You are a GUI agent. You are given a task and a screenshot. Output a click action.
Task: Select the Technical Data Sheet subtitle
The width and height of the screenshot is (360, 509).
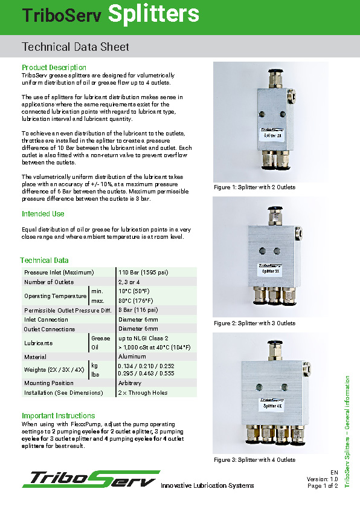tap(76, 47)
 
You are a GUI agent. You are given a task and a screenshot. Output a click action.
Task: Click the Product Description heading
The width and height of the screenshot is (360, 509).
tap(54, 67)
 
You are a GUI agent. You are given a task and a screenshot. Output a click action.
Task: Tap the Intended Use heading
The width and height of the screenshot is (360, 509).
tap(43, 214)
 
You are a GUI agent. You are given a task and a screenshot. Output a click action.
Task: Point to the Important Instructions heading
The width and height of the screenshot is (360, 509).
tap(59, 416)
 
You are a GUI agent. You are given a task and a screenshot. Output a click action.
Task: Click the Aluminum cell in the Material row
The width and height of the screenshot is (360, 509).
tap(132, 357)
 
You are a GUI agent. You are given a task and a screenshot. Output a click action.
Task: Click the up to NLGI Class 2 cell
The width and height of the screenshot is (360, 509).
tap(143, 339)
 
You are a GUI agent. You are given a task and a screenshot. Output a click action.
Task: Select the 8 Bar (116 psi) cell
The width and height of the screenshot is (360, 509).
tap(138, 310)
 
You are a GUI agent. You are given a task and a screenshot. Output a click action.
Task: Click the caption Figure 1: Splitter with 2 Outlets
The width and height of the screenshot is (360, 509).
tap(255, 187)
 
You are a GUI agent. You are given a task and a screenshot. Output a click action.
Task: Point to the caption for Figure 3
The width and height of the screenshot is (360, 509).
tap(255, 460)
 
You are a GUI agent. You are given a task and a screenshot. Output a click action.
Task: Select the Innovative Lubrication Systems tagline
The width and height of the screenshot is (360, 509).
tap(207, 485)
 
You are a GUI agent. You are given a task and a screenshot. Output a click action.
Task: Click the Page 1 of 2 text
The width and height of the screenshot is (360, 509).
tap(323, 485)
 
